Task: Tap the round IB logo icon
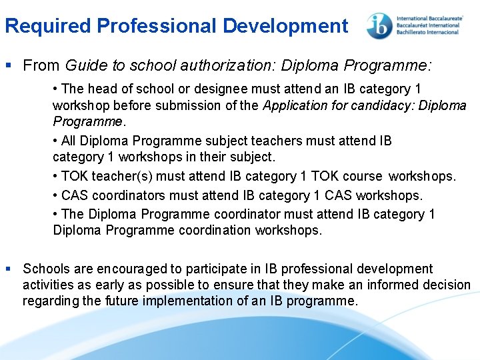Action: tap(379, 26)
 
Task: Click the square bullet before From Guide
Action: tap(8, 66)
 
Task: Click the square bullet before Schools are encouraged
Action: tap(8, 269)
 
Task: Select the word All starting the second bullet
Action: tap(69, 141)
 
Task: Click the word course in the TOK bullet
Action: tap(365, 177)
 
